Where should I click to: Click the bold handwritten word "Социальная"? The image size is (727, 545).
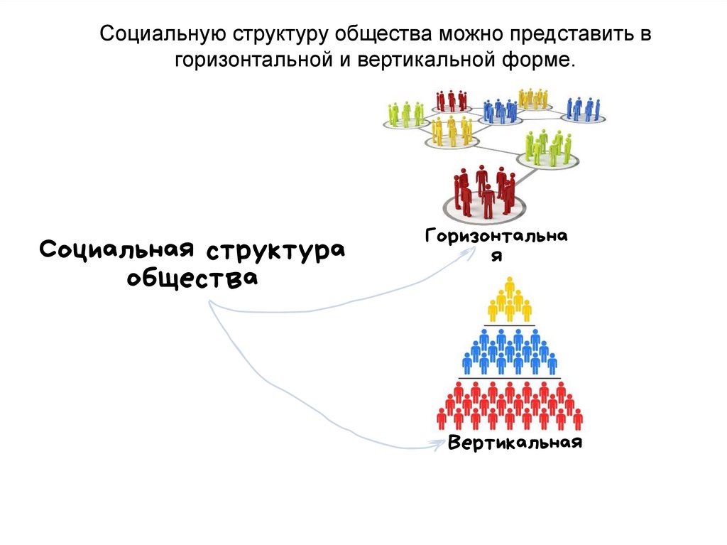[x=117, y=250]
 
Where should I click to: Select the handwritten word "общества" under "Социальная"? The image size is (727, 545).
[x=192, y=276]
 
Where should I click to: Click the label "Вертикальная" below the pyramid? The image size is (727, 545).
[x=515, y=443]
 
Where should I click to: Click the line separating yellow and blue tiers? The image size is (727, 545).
[x=509, y=325]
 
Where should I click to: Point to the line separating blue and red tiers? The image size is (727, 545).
[x=509, y=378]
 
